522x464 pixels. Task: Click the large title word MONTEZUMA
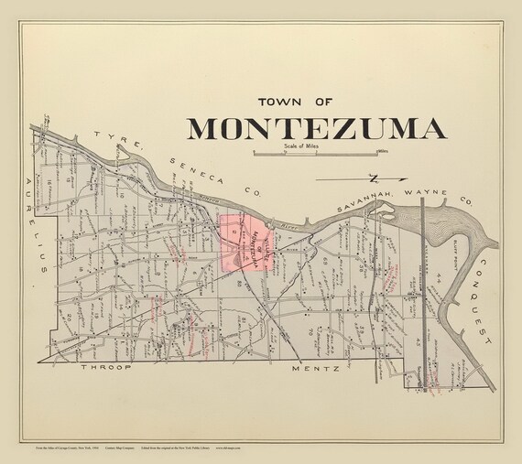317,127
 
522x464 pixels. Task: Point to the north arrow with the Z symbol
373,178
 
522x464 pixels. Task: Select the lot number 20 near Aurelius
69,316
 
